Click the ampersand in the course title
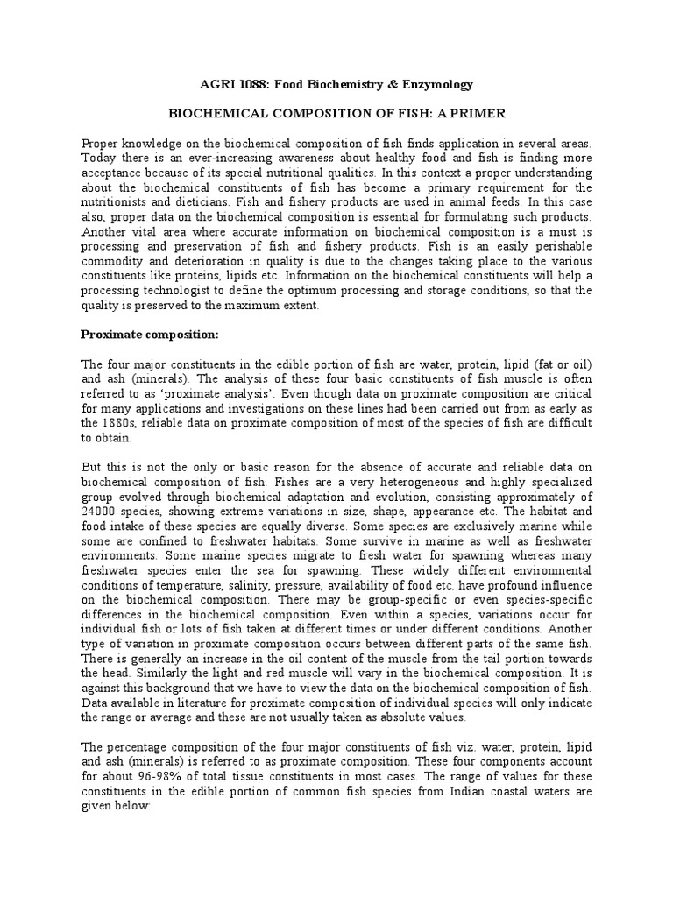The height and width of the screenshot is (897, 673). [x=385, y=85]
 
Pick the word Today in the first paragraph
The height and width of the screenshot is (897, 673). [x=100, y=157]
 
